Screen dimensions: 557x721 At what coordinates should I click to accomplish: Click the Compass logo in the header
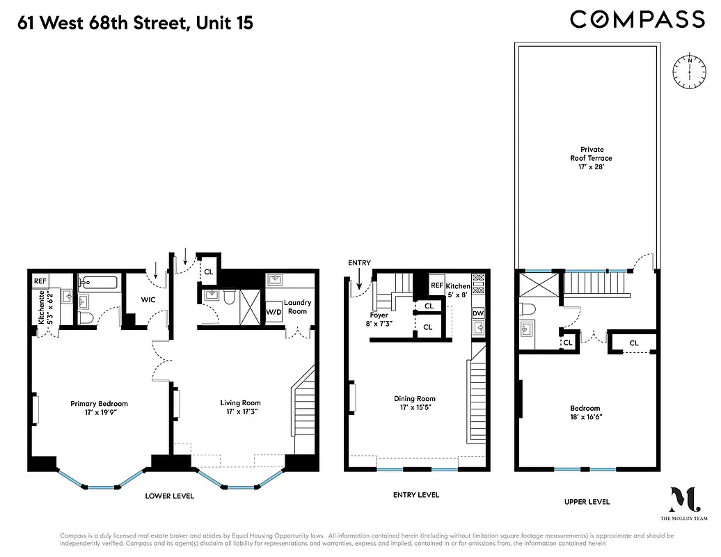click(637, 19)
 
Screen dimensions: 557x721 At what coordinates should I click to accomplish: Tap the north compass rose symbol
click(689, 70)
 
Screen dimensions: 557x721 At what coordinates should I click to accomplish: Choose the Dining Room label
click(414, 403)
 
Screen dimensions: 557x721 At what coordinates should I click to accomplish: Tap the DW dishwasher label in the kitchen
click(478, 313)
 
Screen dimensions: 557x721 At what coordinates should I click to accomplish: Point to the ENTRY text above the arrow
click(360, 263)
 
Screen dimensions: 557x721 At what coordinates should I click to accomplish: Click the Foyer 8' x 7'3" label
click(379, 319)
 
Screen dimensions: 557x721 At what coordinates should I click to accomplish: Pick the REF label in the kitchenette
click(40, 282)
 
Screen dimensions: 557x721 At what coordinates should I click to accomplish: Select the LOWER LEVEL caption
click(169, 496)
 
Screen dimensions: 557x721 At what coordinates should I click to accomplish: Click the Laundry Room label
click(297, 307)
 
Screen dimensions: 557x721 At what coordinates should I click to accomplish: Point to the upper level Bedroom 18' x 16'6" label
click(585, 413)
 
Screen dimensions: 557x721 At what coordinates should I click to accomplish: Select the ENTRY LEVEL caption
click(415, 495)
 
